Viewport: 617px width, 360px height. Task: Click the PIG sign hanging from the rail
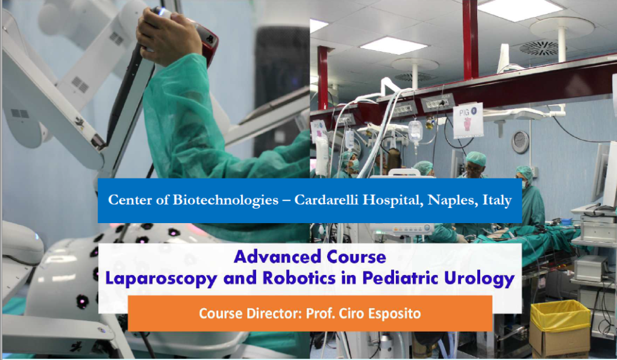468,120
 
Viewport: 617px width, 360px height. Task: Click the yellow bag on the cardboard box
560,315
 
